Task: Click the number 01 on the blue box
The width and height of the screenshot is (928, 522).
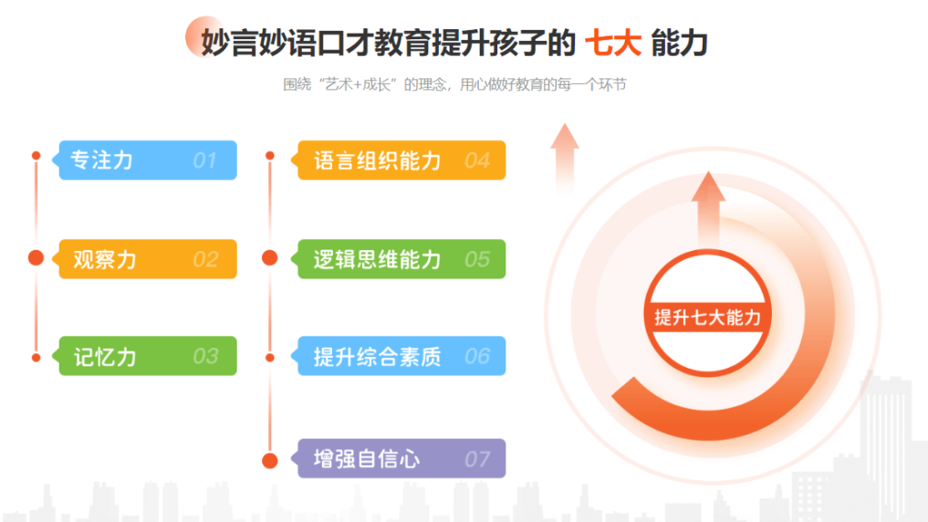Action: [x=204, y=161]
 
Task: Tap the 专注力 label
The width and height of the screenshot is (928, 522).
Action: [x=102, y=161]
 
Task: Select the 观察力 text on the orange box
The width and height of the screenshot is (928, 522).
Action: [x=105, y=259]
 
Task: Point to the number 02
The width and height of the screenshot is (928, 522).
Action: [x=205, y=259]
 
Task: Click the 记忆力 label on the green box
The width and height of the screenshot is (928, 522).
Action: [x=105, y=356]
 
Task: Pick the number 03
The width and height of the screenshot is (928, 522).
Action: [x=205, y=356]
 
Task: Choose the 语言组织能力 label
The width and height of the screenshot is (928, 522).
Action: [x=378, y=161]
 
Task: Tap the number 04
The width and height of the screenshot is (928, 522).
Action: [x=477, y=161]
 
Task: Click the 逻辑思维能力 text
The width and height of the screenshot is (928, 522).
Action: [x=378, y=259]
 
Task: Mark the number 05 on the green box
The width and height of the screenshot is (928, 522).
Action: [x=477, y=259]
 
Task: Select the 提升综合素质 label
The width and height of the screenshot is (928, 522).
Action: [x=378, y=356]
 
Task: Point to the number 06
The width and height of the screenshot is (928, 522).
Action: [x=477, y=356]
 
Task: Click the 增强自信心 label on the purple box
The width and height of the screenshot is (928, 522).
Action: [x=367, y=459]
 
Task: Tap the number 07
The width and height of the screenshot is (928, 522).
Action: [x=477, y=459]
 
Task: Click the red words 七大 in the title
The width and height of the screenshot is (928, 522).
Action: [x=613, y=43]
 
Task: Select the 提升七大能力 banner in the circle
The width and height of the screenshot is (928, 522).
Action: [x=707, y=318]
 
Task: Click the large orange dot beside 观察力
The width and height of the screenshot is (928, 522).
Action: [x=36, y=257]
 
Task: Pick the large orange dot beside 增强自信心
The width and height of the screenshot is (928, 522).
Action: [x=270, y=461]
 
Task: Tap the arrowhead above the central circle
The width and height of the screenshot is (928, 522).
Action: [x=708, y=186]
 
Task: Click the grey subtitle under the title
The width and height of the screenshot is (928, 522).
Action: [x=454, y=85]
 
